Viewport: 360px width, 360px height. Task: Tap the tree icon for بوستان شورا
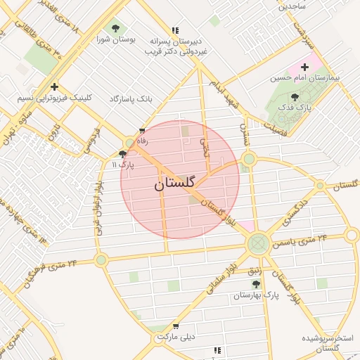click(x=115, y=29)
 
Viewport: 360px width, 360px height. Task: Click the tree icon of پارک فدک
click(x=295, y=98)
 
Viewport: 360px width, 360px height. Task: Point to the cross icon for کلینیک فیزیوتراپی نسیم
click(x=54, y=86)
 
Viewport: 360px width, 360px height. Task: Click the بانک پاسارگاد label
click(x=131, y=99)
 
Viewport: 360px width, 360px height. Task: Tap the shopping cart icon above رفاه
click(x=143, y=131)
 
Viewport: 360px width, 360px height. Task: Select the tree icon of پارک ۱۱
click(x=123, y=154)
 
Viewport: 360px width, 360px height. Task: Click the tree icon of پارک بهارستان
click(x=256, y=285)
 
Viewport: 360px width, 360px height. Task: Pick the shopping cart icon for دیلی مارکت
click(x=175, y=326)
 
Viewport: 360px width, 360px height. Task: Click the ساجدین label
click(x=292, y=6)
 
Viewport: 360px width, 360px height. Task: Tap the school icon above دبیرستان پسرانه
click(x=175, y=30)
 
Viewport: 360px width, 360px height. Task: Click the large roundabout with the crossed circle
click(x=257, y=243)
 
